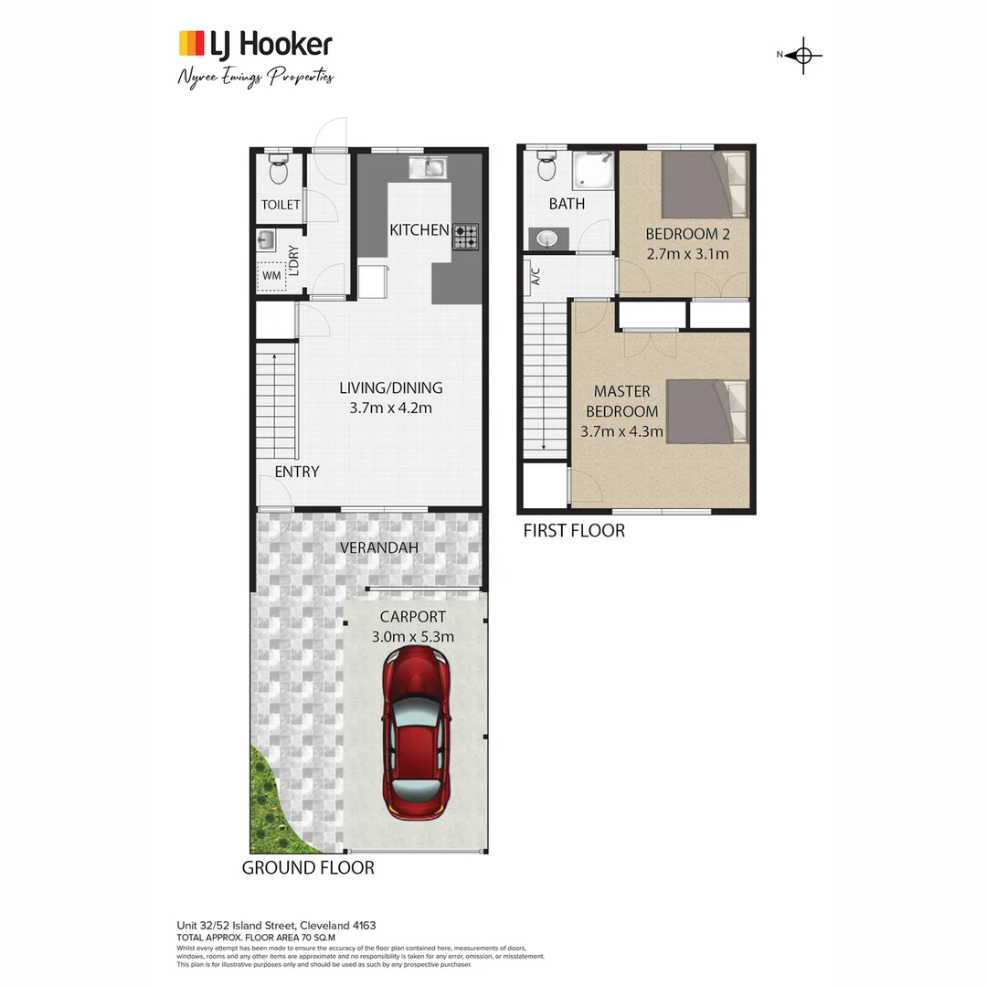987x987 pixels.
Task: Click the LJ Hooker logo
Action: tap(255, 44)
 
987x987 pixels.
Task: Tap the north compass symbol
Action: tap(803, 56)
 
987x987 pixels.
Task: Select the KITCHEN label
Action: tap(419, 229)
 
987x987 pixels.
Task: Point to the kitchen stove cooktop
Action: tap(465, 237)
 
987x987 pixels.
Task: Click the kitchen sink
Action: tap(428, 167)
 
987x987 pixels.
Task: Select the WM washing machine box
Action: tap(271, 274)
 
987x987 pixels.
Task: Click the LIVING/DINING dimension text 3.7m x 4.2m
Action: tap(390, 408)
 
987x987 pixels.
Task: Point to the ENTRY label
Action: tap(297, 472)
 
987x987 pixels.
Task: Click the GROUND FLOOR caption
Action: tap(307, 867)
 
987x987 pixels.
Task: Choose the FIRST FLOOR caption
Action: tap(573, 530)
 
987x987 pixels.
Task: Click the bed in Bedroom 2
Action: tap(704, 184)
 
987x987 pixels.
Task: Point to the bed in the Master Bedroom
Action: tap(708, 411)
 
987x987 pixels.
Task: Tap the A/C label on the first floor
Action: tap(536, 276)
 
